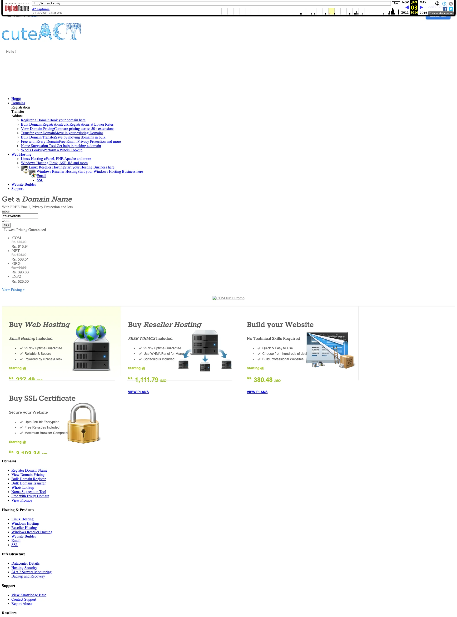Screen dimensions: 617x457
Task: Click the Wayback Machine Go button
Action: click(x=396, y=3)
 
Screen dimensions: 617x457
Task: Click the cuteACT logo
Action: click(x=41, y=32)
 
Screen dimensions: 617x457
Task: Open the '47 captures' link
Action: click(x=41, y=9)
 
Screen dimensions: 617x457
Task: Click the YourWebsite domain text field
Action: click(x=20, y=216)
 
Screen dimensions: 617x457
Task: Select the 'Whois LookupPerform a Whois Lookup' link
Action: click(x=51, y=150)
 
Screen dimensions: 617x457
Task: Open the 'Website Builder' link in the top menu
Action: click(x=24, y=184)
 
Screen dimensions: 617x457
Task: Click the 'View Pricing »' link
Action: click(x=13, y=290)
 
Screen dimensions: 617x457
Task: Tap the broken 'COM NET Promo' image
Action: click(x=228, y=298)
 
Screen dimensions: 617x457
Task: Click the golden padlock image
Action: click(x=83, y=423)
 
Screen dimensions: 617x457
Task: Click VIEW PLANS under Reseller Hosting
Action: click(x=138, y=392)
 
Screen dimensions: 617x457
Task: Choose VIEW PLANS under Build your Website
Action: click(x=257, y=392)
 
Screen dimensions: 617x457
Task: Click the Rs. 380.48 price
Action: click(x=263, y=380)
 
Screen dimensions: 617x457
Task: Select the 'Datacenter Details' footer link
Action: click(x=25, y=564)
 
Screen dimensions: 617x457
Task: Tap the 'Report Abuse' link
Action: click(x=22, y=604)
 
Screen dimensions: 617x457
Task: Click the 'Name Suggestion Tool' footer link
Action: click(x=29, y=492)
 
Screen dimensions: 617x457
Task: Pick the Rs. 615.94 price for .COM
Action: click(x=20, y=247)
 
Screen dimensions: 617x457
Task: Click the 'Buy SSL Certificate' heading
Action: click(x=42, y=398)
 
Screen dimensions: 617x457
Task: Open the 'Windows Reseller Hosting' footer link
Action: click(x=32, y=532)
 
